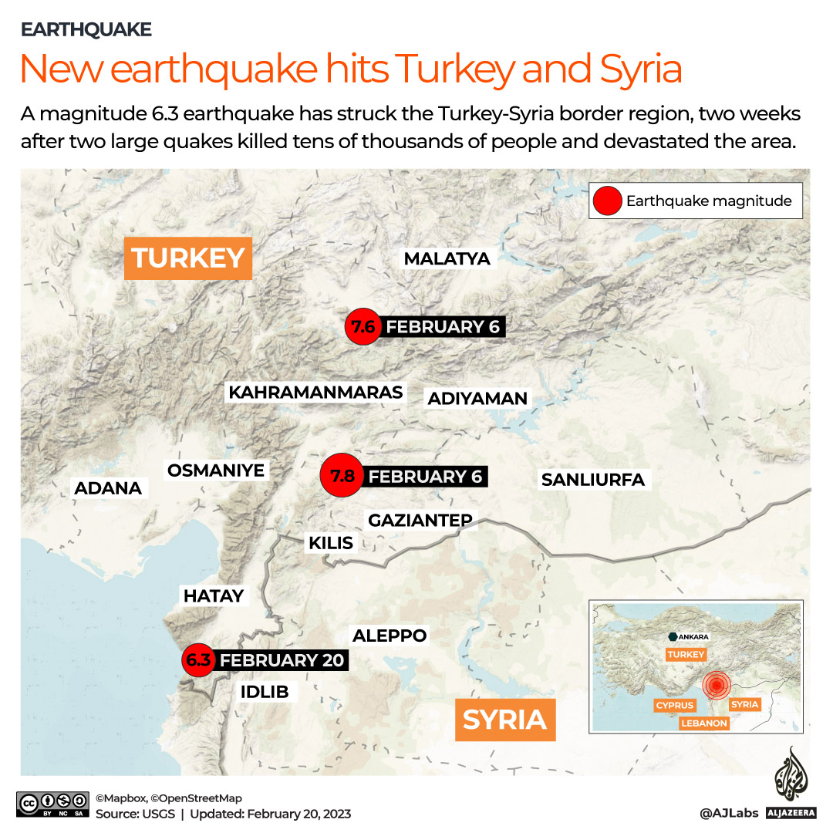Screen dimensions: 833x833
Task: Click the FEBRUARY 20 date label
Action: tap(282, 661)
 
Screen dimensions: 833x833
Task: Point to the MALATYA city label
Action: tap(447, 258)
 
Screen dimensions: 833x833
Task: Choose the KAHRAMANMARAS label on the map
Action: tap(315, 393)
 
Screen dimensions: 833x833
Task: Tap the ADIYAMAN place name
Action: tap(477, 399)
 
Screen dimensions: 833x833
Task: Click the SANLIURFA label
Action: tap(592, 480)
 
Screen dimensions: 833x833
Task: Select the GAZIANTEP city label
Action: tap(420, 521)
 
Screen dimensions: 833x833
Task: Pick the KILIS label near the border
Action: tap(331, 543)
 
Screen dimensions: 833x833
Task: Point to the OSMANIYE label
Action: tap(216, 470)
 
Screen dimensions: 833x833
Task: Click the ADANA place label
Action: tap(108, 488)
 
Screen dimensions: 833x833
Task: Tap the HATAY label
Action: tap(214, 595)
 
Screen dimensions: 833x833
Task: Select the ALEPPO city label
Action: tap(390, 636)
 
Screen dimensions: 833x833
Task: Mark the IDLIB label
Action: tap(265, 692)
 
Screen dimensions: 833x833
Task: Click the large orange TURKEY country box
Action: tap(188, 258)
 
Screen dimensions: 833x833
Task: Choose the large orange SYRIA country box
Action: tap(504, 720)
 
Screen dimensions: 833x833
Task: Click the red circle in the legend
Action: tap(607, 201)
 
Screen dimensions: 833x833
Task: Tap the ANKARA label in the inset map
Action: tap(693, 637)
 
